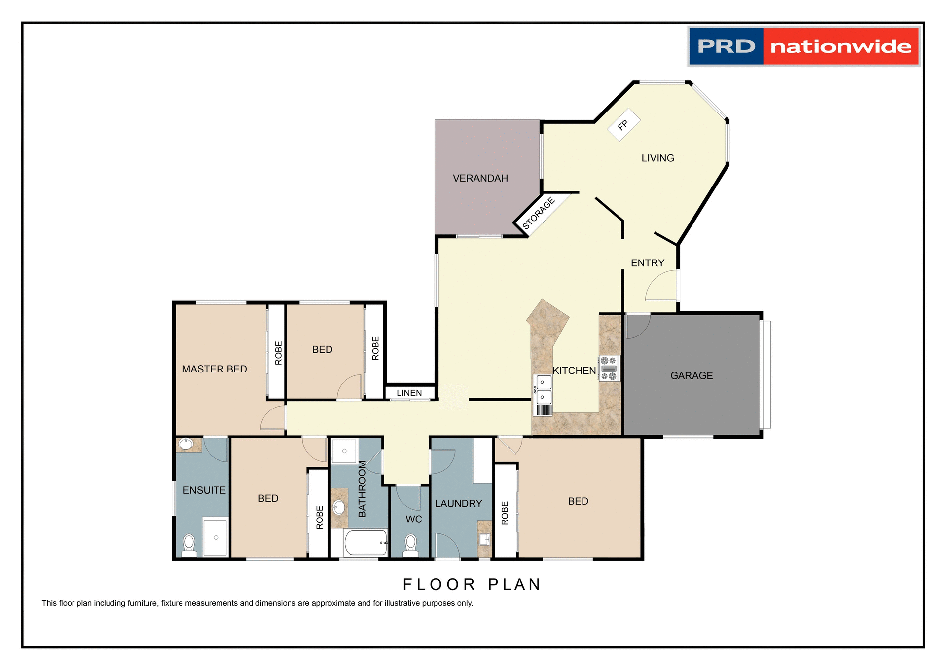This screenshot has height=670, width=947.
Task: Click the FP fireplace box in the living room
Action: click(x=623, y=125)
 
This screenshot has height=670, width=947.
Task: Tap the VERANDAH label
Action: click(x=480, y=178)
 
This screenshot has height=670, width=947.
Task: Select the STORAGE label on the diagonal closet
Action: click(x=539, y=213)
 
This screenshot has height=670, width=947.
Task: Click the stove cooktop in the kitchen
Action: click(x=609, y=369)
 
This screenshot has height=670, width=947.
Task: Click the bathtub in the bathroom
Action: click(x=365, y=543)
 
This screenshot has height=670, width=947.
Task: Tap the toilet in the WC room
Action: click(x=410, y=544)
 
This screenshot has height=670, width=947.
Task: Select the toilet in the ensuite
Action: click(x=189, y=544)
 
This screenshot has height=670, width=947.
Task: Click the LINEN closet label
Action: click(x=409, y=393)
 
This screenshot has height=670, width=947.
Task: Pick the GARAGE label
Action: click(x=692, y=376)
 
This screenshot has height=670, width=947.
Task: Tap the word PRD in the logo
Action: click(x=726, y=47)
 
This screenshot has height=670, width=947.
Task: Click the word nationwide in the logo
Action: click(x=840, y=47)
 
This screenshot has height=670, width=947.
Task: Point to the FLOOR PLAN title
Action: click(x=472, y=584)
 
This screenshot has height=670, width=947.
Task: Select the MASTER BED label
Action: click(x=214, y=369)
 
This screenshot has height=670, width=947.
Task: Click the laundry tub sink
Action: click(x=484, y=539)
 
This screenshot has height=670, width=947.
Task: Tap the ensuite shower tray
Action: click(x=216, y=537)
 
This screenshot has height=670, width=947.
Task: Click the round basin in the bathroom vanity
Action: click(x=339, y=507)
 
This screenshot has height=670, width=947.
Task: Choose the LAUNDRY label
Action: click(x=458, y=504)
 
